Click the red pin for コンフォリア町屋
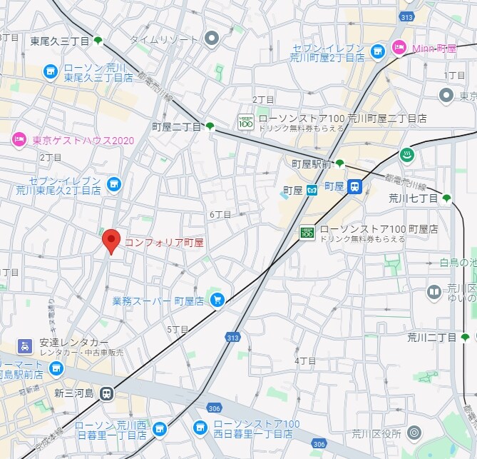[110, 241]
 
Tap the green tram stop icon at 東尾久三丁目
[98, 41]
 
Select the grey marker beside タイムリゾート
[211, 38]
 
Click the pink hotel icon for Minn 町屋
[399, 48]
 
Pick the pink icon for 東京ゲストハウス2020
[19, 141]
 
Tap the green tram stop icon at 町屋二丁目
[210, 126]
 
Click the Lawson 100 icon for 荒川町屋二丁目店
[245, 122]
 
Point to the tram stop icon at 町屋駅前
[340, 163]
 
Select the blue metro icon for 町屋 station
[312, 190]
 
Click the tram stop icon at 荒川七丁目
[446, 198]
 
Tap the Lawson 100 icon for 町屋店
[307, 233]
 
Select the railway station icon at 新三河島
[106, 393]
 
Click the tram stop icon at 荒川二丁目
[466, 337]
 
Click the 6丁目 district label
[220, 214]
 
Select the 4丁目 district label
[305, 361]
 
